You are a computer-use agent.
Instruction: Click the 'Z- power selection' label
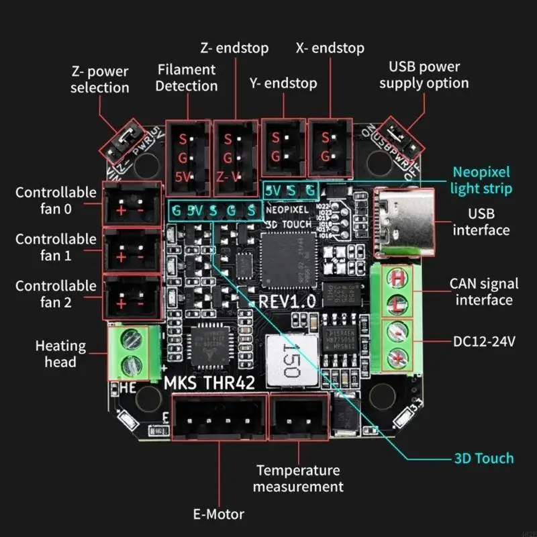tap(99, 79)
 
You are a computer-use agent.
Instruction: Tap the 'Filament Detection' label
tap(187, 77)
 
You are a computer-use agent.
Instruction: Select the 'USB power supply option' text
tap(424, 75)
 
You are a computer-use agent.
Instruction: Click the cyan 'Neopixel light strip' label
tap(481, 180)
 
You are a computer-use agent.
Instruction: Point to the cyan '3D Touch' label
tap(483, 458)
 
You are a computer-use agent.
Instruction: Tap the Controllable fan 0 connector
tap(132, 203)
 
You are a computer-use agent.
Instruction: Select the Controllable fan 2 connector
tap(132, 296)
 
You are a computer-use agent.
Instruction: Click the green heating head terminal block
tap(132, 353)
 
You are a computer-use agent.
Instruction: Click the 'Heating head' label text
tap(60, 354)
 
